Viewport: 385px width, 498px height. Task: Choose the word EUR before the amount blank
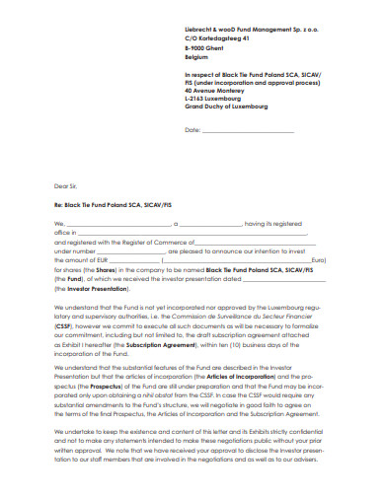coord(129,259)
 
